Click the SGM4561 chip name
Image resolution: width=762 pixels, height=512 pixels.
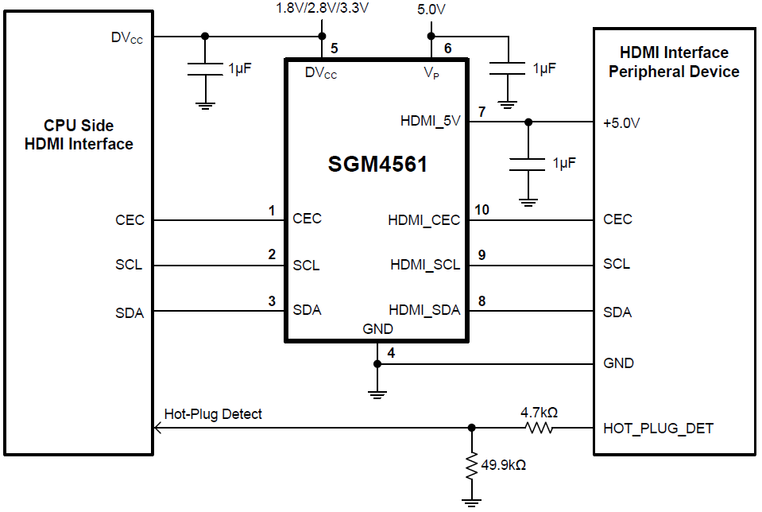click(x=377, y=165)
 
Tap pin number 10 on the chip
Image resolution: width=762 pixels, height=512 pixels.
click(x=482, y=210)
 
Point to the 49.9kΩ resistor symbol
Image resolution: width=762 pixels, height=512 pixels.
click(x=472, y=466)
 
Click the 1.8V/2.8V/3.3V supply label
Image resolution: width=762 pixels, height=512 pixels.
click(x=323, y=9)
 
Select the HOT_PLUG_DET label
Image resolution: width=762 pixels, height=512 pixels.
click(x=658, y=429)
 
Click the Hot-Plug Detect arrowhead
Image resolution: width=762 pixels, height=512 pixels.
click(x=157, y=429)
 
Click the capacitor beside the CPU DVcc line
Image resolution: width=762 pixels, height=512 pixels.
click(x=205, y=69)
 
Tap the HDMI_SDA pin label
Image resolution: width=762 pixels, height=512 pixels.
click(x=424, y=310)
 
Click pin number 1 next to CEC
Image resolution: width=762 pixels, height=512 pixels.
click(x=272, y=211)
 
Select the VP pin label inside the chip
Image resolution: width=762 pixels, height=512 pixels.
click(x=431, y=73)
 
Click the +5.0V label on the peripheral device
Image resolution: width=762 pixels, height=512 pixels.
click(x=621, y=123)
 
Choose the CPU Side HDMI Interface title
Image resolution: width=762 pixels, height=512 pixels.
click(x=79, y=135)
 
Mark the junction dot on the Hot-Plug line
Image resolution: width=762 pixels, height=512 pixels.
click(x=472, y=429)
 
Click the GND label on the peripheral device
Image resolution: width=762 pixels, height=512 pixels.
click(x=618, y=363)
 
